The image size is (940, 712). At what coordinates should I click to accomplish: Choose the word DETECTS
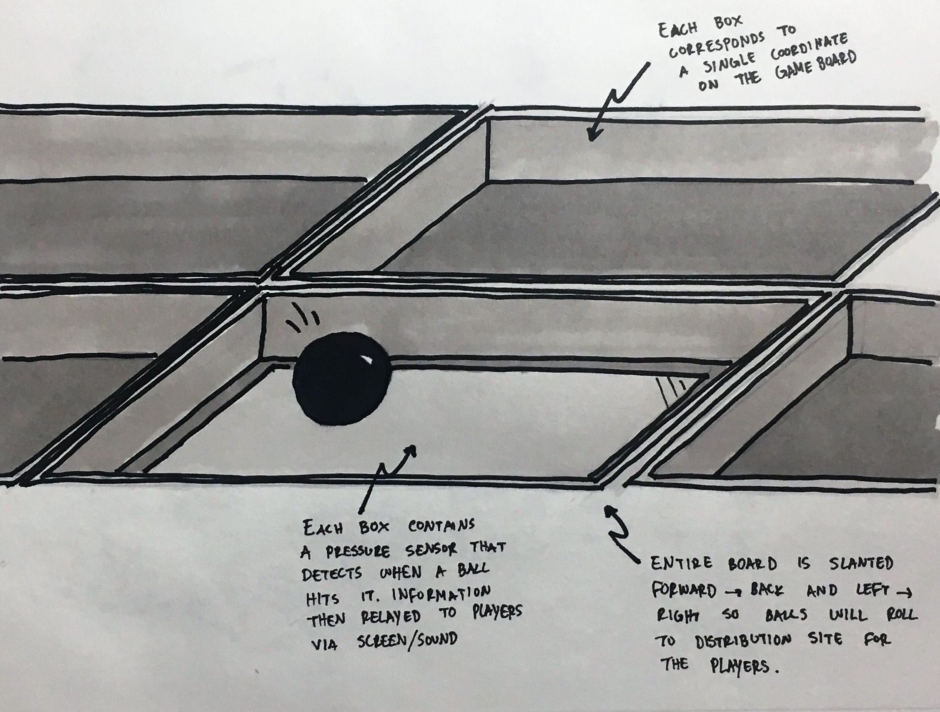coord(332,574)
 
